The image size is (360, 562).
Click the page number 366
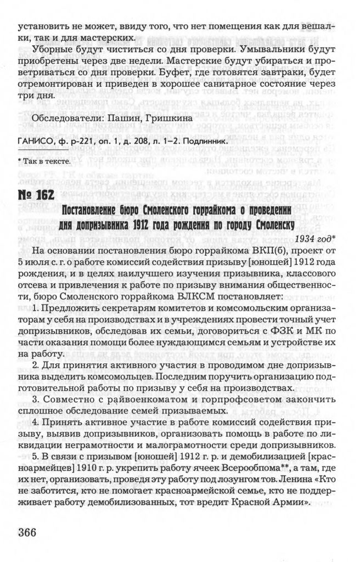click(34, 533)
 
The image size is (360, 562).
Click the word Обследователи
click(67, 119)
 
